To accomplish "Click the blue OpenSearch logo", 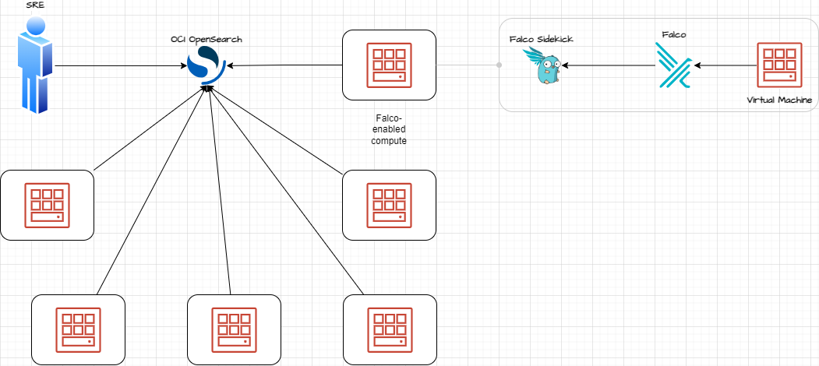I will pos(207,65).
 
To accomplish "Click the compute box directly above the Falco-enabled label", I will pos(389,65).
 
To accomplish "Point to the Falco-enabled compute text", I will pos(388,129).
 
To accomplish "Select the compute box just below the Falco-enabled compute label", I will pos(389,205).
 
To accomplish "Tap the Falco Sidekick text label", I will pos(541,39).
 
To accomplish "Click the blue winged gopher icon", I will pos(545,67).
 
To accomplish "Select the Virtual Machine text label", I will pos(779,100).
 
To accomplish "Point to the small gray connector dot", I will pos(499,65).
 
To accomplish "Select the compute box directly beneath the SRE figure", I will pos(47,205).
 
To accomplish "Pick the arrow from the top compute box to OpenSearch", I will pos(284,66).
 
